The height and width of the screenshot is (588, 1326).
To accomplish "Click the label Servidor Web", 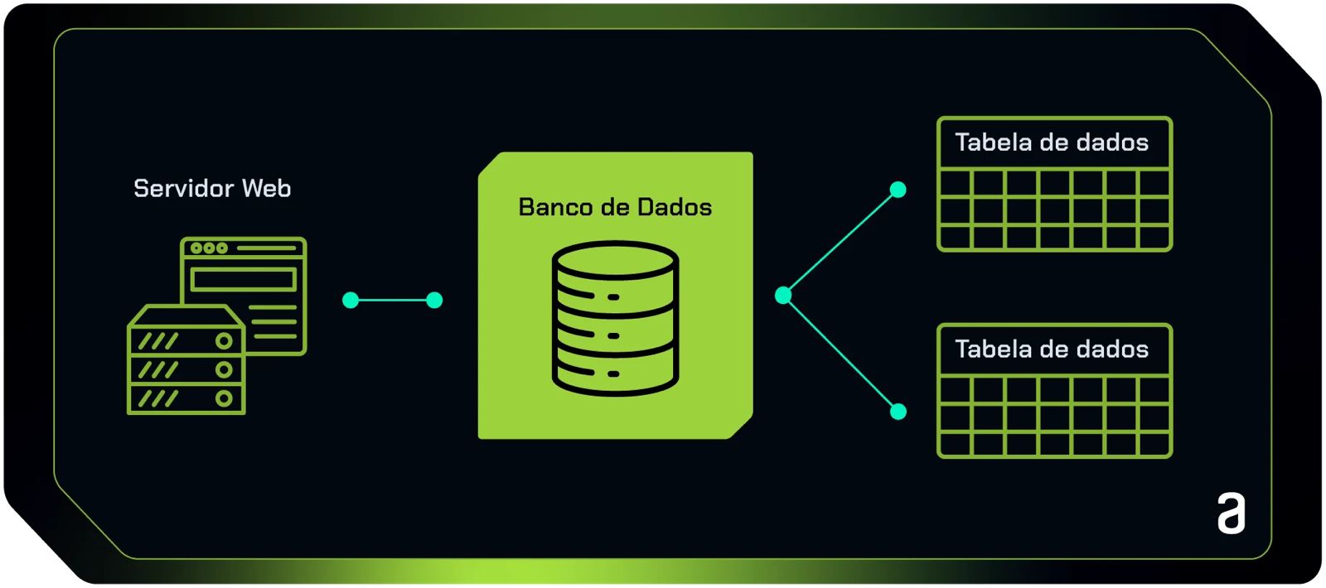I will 212,189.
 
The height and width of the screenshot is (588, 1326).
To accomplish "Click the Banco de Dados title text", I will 615,207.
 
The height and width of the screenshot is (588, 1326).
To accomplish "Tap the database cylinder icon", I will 615,318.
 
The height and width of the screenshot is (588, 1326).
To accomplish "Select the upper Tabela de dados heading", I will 1052,142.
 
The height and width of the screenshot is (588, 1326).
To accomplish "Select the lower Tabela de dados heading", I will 1052,349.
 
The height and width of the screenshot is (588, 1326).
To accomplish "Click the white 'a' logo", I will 1232,513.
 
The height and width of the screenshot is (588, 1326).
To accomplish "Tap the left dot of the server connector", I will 351,300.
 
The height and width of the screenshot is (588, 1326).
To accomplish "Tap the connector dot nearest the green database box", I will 434,300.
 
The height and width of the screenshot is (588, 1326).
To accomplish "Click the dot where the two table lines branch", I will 783,295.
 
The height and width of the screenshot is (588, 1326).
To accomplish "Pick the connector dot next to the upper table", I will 898,190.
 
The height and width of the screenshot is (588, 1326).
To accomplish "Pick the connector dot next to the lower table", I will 898,412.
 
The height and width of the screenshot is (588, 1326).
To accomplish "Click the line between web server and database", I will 392,300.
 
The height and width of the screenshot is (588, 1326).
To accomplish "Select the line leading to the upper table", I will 840,243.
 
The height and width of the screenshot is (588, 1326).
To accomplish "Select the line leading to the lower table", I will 840,354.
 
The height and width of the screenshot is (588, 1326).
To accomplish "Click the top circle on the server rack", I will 224,340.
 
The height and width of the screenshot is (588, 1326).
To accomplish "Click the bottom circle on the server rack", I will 224,398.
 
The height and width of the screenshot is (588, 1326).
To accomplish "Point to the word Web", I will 267,189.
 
